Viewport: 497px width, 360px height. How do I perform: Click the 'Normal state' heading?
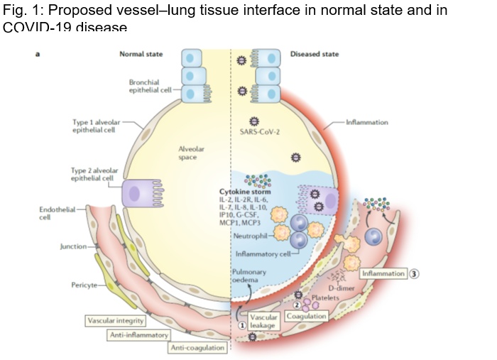(146, 55)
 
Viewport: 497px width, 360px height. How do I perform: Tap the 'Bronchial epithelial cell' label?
(148, 86)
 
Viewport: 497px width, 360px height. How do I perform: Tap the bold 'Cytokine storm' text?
(245, 192)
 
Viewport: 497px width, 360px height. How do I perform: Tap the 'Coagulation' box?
(307, 315)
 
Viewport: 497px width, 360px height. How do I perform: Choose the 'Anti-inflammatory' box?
(138, 334)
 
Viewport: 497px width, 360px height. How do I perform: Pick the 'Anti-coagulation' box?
(197, 347)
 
